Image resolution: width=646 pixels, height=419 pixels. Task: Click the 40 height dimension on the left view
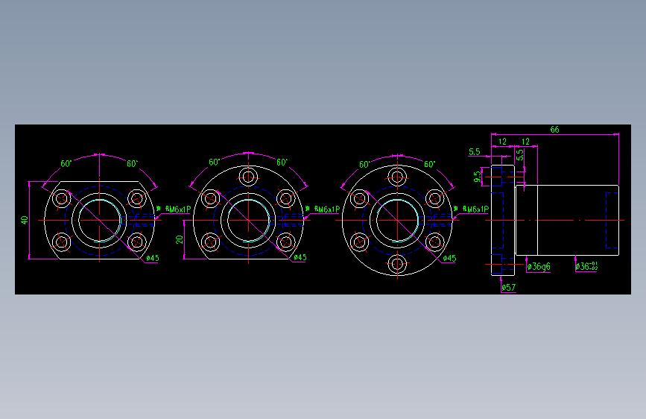point(24,220)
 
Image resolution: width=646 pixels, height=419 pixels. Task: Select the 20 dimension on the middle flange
point(179,239)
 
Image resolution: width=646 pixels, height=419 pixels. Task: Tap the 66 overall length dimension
point(554,129)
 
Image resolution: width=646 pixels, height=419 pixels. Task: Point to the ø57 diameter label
point(509,287)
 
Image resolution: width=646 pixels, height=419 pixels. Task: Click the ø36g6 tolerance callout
point(538,266)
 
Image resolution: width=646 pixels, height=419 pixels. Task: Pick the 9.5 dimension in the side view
point(477,177)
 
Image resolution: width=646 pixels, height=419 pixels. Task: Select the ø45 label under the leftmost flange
point(152,258)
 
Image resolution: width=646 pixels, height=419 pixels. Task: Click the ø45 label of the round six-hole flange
point(449,258)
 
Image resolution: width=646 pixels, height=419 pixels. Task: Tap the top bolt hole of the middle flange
point(248,177)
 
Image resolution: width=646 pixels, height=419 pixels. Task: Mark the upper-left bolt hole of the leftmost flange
point(61,198)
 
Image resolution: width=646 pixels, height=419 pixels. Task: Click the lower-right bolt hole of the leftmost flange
point(136,242)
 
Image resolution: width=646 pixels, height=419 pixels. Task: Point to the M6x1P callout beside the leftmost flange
point(177,209)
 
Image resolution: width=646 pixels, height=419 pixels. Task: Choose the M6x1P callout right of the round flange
point(475,209)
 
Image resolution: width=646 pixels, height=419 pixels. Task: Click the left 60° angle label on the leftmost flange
point(66,163)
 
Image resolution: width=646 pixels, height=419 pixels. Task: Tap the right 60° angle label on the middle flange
point(282,162)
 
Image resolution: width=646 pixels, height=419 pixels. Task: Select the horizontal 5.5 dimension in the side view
point(474,152)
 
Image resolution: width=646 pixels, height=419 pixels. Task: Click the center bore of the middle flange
point(248,220)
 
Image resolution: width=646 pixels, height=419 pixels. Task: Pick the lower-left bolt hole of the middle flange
point(211,242)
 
